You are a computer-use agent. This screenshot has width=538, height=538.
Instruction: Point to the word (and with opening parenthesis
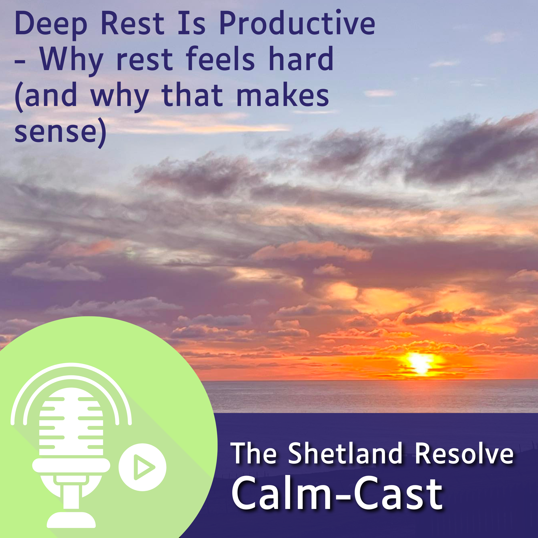coord(46,96)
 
